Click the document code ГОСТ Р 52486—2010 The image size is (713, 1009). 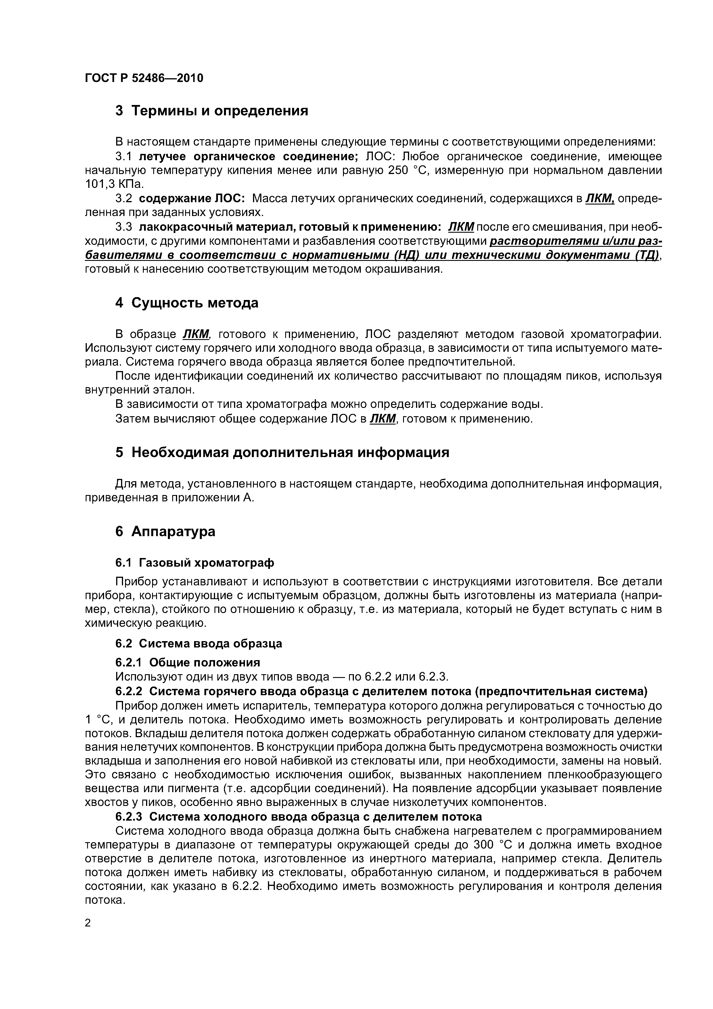pos(144,78)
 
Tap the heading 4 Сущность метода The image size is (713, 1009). pos(186,303)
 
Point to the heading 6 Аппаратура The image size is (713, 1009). pos(165,532)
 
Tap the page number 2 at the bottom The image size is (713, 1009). pos(88,923)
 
